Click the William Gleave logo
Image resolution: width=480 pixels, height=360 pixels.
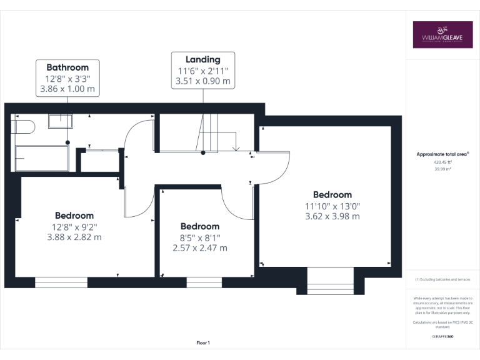(x=442, y=35)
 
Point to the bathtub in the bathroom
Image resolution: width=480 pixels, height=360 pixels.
(x=41, y=158)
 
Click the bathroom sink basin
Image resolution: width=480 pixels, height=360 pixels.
(x=61, y=120)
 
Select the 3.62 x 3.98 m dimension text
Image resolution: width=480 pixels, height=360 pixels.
(x=332, y=216)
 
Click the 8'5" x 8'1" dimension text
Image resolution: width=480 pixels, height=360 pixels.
(x=200, y=237)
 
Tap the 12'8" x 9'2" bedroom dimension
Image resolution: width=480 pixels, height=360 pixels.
(x=74, y=227)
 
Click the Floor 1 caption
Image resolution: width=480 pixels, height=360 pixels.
(x=203, y=342)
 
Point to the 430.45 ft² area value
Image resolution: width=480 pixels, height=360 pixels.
(x=442, y=161)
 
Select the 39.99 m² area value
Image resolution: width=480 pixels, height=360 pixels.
(x=442, y=167)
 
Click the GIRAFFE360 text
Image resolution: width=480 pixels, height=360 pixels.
(x=442, y=336)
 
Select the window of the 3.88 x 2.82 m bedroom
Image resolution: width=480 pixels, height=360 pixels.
(x=61, y=282)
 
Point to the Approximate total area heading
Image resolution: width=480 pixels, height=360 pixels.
(x=442, y=154)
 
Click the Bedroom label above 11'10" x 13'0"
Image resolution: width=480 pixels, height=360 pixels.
(x=332, y=194)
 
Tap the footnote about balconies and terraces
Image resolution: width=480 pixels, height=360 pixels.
(x=442, y=279)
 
